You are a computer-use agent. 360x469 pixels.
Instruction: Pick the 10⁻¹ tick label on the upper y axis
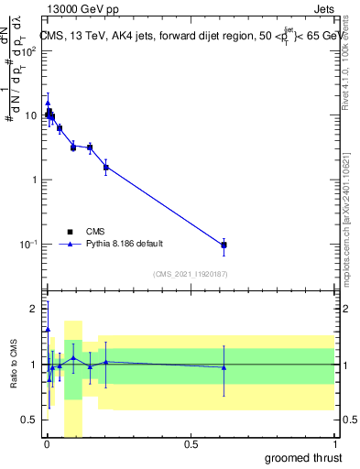point(31,245)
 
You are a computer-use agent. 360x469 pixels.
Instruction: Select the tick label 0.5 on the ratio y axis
point(33,420)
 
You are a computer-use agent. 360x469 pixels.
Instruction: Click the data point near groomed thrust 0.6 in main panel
point(224,245)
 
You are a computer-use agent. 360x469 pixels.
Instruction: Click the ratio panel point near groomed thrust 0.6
point(224,367)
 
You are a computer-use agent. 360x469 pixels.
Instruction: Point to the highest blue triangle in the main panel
point(48,103)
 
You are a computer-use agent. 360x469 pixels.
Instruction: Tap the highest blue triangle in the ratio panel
point(48,329)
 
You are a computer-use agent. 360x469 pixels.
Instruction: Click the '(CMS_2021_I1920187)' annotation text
point(190,274)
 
